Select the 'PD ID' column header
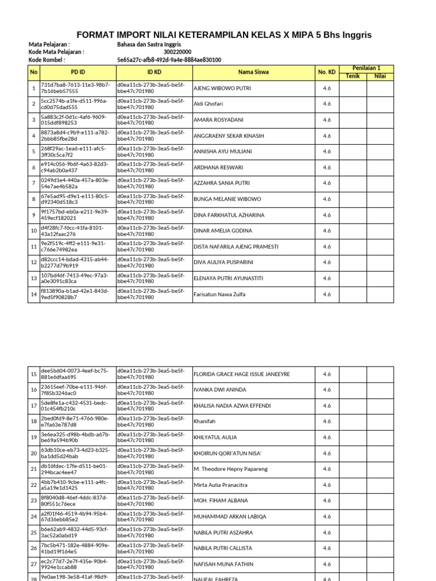coord(78,72)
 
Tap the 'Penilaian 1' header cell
coord(366,68)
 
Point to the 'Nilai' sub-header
coord(380,76)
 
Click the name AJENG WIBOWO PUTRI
coord(222,89)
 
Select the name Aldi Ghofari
coord(208,104)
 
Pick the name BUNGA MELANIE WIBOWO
coord(227,199)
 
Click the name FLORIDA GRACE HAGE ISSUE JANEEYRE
coord(242,374)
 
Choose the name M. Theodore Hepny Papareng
coord(230,469)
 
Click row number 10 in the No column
coord(34,231)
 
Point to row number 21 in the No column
coord(34,469)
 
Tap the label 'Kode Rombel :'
coord(47,60)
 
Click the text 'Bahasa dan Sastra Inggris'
coord(149,44)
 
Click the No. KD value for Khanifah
coord(326,422)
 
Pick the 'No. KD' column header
coord(326,72)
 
